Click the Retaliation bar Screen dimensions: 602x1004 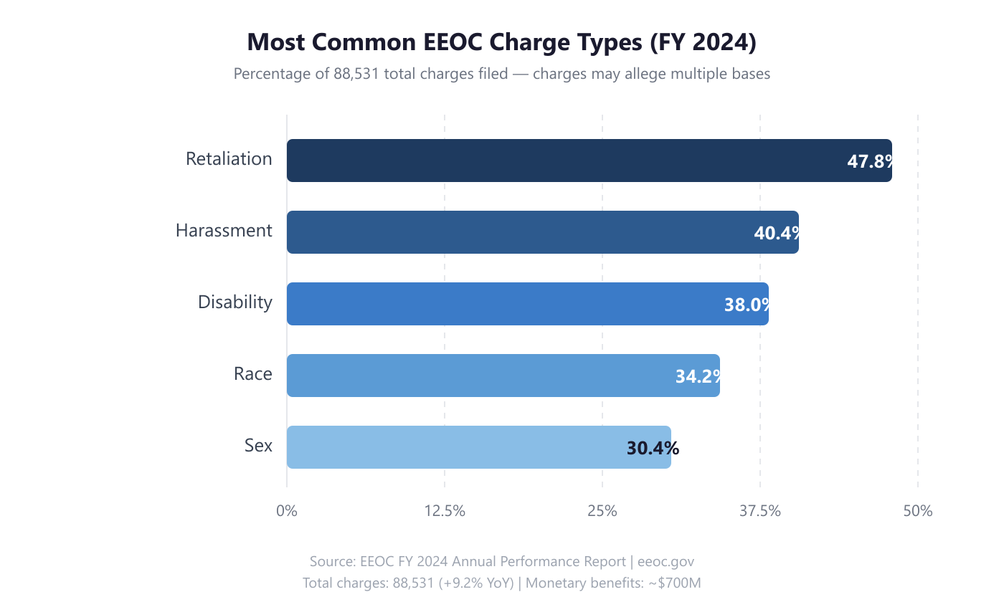(559, 161)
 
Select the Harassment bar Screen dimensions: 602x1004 (516, 232)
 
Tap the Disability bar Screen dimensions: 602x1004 (502, 304)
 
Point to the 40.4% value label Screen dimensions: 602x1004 (776, 233)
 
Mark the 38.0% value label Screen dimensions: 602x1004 (746, 305)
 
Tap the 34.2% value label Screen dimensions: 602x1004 (697, 376)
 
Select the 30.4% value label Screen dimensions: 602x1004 (653, 448)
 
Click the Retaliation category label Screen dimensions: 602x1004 (229, 159)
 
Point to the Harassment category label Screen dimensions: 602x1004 (224, 231)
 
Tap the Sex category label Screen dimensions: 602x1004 (258, 446)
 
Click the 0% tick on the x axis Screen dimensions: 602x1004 (287, 511)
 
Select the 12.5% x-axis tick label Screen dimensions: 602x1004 (445, 511)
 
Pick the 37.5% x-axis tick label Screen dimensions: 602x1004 (760, 511)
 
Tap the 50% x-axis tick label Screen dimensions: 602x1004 (918, 511)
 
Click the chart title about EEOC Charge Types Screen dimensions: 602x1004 (502, 42)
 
